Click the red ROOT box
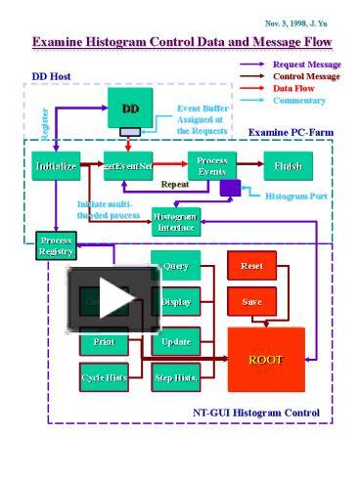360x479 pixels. click(x=265, y=360)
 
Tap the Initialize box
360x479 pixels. click(x=56, y=166)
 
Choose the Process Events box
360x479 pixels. click(x=211, y=165)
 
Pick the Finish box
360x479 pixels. click(x=289, y=166)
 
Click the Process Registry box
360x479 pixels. click(x=56, y=245)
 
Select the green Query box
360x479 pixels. click(x=176, y=265)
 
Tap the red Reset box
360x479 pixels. click(x=251, y=265)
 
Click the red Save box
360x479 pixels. click(x=251, y=302)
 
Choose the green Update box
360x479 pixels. click(x=176, y=341)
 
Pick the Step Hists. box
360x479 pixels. click(x=176, y=376)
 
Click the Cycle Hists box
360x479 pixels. click(x=104, y=376)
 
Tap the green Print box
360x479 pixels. click(x=104, y=342)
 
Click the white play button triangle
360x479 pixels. click(x=114, y=299)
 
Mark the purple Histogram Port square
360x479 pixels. click(x=230, y=189)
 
